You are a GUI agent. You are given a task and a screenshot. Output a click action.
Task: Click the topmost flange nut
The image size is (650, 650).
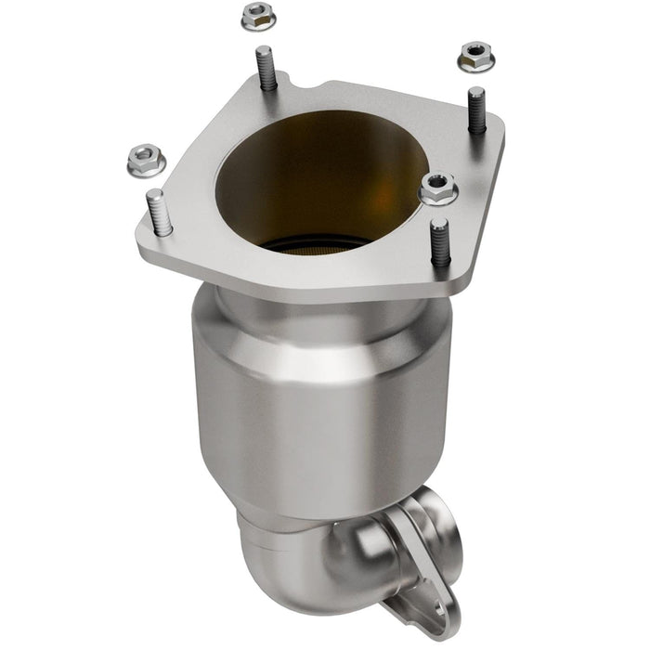258,16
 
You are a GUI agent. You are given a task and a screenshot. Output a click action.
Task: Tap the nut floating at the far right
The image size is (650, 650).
475,58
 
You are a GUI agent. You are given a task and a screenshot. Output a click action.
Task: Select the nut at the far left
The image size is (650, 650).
146,161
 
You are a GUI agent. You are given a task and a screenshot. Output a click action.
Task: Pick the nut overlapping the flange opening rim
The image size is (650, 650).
438,188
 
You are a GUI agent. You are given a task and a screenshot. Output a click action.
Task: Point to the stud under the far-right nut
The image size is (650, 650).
476,110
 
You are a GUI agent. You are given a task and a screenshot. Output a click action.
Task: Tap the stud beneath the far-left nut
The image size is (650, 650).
158,213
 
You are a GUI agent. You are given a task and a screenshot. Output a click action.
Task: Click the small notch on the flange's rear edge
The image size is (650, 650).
320,90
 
